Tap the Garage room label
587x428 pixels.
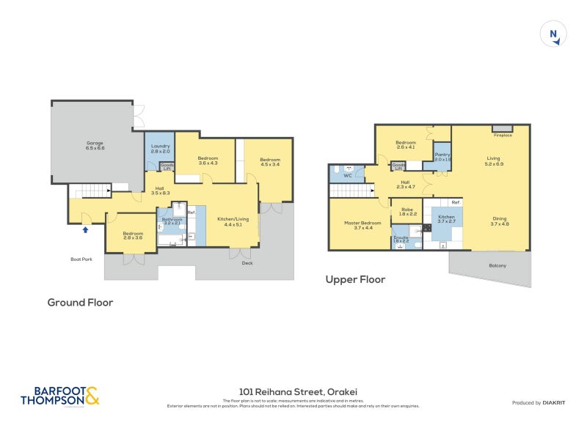point(95,145)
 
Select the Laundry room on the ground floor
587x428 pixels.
point(160,148)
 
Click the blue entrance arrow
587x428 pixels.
point(86,229)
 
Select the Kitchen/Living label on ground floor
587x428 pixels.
point(233,221)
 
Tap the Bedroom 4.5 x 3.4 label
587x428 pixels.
point(269,162)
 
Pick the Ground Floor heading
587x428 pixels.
point(80,302)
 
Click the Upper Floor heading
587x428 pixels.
point(355,279)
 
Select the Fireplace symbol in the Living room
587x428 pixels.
point(503,130)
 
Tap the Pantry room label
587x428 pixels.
point(442,156)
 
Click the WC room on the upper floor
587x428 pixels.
point(348,174)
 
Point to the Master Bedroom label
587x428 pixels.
point(363,225)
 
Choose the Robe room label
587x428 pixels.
point(407,212)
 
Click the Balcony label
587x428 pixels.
point(497,265)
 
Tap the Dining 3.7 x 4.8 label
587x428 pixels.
point(499,221)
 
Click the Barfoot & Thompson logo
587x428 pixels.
point(59,396)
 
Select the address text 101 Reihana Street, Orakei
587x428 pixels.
point(293,391)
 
